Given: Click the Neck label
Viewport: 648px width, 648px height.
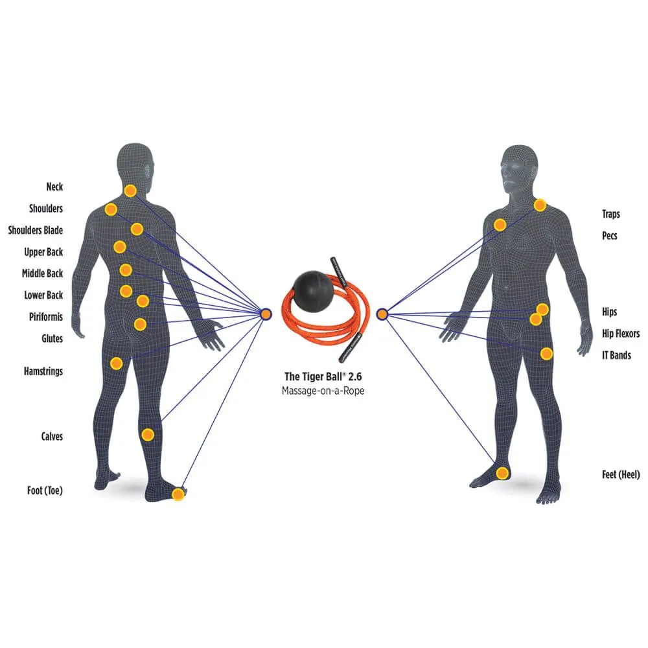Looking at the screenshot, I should click(54, 187).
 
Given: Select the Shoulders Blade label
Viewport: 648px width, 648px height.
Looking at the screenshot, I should click(36, 230).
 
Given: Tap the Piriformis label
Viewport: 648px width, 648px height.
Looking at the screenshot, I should click(45, 317).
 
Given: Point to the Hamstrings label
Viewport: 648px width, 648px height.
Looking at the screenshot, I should click(43, 371).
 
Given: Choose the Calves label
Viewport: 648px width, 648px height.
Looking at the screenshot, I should click(52, 436).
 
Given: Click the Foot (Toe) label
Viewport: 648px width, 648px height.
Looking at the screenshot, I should click(44, 491).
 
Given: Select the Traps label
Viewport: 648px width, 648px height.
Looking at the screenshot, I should click(610, 214).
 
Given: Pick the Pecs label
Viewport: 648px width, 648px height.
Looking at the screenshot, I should click(610, 236).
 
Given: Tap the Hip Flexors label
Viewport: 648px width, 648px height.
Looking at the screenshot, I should click(621, 334).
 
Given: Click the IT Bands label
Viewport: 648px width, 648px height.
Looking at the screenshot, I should click(616, 355).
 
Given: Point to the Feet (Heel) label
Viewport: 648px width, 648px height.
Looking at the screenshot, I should click(621, 475).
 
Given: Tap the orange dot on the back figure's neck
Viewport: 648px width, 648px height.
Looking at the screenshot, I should click(130, 191).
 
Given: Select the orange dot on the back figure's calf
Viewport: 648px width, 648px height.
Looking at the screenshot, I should click(148, 434).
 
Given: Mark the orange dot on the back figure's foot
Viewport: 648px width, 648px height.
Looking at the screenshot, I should click(178, 494).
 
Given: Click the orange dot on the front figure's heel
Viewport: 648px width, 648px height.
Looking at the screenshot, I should click(502, 472).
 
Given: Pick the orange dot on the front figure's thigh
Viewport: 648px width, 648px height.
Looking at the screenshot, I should click(546, 354).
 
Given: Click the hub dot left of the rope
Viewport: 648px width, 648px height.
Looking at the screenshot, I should click(265, 314).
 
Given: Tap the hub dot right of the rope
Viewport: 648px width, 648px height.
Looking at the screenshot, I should click(382, 314).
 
